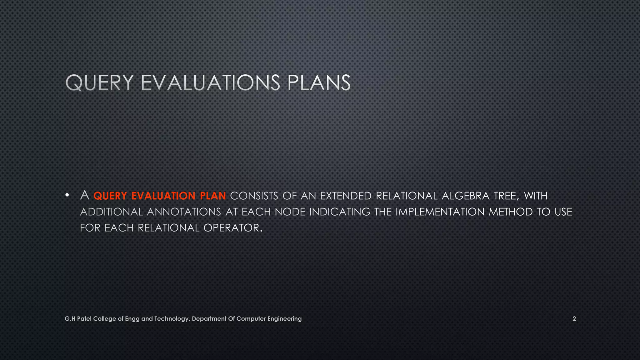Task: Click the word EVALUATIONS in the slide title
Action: pyautogui.click(x=210, y=83)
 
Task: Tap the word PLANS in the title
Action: pyautogui.click(x=318, y=83)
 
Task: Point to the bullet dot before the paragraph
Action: pyautogui.click(x=67, y=196)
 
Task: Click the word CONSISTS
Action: pyautogui.click(x=254, y=196)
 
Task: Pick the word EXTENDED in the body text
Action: pyautogui.click(x=346, y=196)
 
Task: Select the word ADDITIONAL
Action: pyautogui.click(x=112, y=212)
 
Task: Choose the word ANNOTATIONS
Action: pyautogui.click(x=184, y=212)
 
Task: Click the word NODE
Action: pyautogui.click(x=290, y=212)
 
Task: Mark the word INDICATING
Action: pyautogui.click(x=340, y=212)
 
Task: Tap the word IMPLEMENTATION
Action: pyautogui.click(x=440, y=212)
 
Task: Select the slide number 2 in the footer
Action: pyautogui.click(x=574, y=319)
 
